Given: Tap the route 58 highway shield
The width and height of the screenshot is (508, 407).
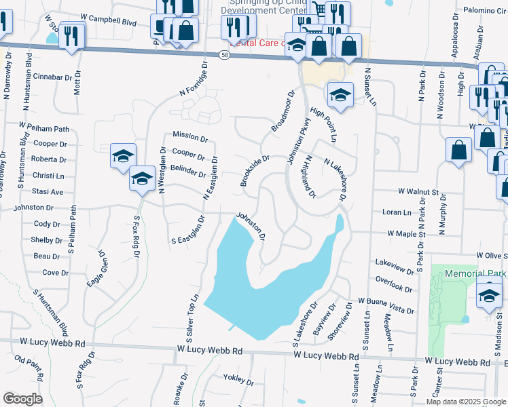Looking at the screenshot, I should (x=225, y=54).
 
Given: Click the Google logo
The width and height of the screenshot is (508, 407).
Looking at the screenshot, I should (x=22, y=399).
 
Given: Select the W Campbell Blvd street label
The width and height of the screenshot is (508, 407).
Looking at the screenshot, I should (x=109, y=21).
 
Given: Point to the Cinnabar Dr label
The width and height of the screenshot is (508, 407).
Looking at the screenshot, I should (x=52, y=77).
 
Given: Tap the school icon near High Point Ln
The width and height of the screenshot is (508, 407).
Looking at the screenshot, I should (x=341, y=94).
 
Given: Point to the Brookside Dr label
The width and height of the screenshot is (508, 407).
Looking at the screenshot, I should (x=255, y=170).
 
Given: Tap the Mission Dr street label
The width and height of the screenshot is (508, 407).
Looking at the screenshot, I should (x=189, y=136).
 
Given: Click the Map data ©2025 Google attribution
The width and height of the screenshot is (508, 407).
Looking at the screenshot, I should (x=465, y=402).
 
